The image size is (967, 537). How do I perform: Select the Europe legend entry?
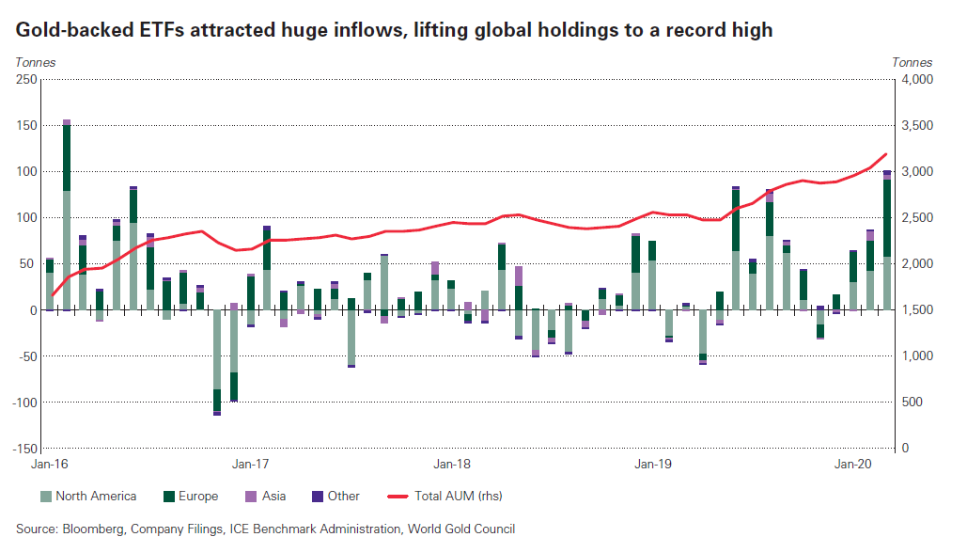(x=196, y=496)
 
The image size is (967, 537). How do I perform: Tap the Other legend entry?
(x=343, y=496)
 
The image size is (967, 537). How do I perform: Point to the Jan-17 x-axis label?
(x=251, y=464)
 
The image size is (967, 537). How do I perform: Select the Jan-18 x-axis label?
(x=452, y=464)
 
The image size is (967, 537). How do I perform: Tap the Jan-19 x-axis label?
(x=653, y=464)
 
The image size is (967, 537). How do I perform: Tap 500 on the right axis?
(x=911, y=402)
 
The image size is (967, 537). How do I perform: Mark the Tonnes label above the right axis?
(x=912, y=62)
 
